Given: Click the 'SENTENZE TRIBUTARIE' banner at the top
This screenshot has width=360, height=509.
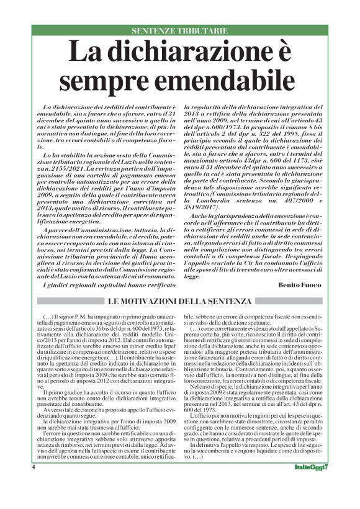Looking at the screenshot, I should (180, 30).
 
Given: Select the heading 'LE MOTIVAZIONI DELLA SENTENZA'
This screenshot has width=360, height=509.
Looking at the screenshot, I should (180, 301).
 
